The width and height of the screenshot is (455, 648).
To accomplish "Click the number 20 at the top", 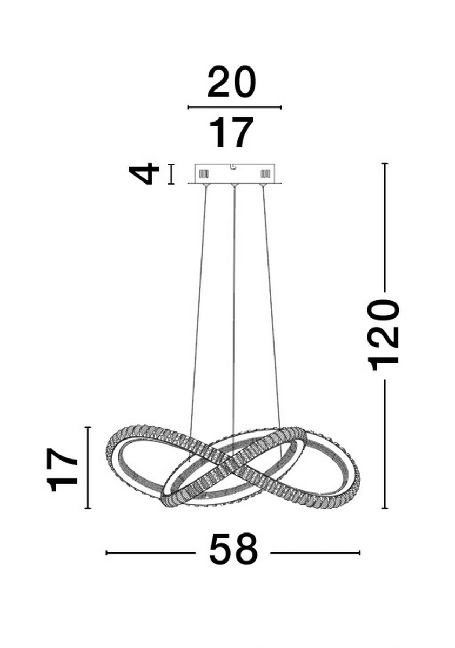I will [x=231, y=83].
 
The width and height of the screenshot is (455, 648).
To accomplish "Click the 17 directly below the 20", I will [x=231, y=133].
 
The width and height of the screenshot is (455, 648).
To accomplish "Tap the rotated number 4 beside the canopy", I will [x=144, y=174].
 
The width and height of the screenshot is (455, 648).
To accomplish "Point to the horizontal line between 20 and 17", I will [x=234, y=107].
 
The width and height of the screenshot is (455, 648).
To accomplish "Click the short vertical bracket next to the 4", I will [x=171, y=174].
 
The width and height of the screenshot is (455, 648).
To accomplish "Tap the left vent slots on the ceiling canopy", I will [x=204, y=174].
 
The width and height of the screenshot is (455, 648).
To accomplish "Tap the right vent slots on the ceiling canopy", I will [x=265, y=174].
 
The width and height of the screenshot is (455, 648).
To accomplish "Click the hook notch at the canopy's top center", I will [x=233, y=166].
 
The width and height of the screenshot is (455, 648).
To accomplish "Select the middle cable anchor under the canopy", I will [x=234, y=186].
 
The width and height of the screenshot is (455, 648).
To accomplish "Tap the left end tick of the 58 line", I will [x=106, y=552].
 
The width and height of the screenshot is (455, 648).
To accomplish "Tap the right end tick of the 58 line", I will [x=359, y=552].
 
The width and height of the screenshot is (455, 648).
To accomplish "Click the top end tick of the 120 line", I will [x=385, y=163].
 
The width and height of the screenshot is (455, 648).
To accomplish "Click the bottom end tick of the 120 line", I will [x=385, y=508].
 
